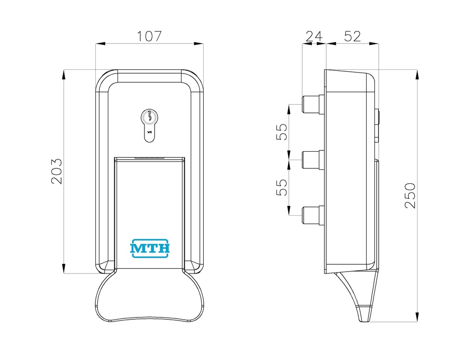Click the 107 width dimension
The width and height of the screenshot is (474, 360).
(x=150, y=36)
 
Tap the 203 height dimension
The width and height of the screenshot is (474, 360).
(x=56, y=171)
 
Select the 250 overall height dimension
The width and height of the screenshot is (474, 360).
(x=410, y=195)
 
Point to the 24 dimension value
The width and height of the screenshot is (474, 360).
(x=314, y=37)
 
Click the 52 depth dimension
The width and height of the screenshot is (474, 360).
(x=352, y=37)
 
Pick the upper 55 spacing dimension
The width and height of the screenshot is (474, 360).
(x=282, y=132)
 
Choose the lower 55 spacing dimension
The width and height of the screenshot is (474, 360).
(x=282, y=187)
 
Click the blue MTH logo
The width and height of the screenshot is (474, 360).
(x=150, y=248)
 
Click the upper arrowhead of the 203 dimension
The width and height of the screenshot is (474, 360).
(x=63, y=74)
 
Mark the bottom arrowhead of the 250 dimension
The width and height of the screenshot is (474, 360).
(x=417, y=317)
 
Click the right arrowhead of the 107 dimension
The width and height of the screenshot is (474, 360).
(x=198, y=44)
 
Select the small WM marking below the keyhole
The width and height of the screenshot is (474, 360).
(x=150, y=132)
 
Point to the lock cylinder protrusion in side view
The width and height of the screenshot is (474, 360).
(x=377, y=125)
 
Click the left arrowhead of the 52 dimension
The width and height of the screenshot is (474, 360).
(x=331, y=44)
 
